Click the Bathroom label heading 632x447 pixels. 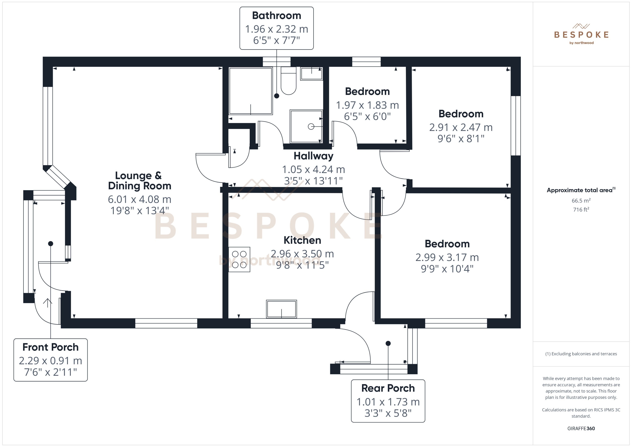[x=276, y=16]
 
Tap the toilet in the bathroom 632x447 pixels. [x=288, y=83]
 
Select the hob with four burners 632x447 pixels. [x=239, y=259]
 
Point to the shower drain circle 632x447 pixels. [x=311, y=127]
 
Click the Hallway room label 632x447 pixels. [x=313, y=156]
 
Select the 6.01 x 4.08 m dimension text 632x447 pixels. [x=139, y=199]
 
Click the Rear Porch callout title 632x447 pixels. [x=388, y=388]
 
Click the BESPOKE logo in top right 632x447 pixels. [x=581, y=34]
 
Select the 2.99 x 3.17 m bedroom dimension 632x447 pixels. [x=447, y=257]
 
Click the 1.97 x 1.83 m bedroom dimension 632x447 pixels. [x=367, y=105]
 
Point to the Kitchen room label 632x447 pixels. [x=302, y=240]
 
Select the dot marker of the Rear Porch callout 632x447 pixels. [x=388, y=343]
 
